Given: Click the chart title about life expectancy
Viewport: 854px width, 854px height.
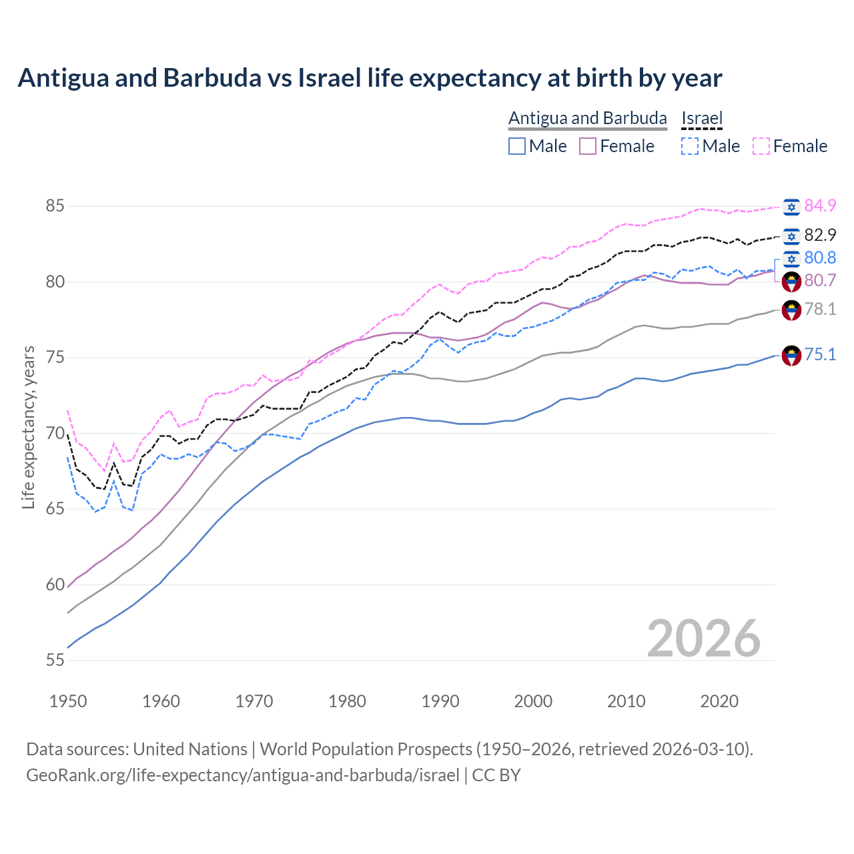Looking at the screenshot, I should (x=370, y=78).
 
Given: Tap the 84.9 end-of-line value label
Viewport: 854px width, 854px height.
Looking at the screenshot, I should (x=820, y=205).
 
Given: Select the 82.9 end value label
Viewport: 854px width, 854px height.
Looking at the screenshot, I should (x=820, y=235).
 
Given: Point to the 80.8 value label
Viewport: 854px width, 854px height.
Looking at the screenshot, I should (x=820, y=258).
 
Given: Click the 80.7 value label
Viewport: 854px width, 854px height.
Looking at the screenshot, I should (x=820, y=280).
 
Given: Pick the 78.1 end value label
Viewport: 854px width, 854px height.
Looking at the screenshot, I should (x=820, y=309).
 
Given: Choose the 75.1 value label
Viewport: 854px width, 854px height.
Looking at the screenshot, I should (x=820, y=354).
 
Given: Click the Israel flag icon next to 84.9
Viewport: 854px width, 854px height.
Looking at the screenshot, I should (x=791, y=207).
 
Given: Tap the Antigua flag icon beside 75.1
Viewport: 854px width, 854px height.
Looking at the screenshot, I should (x=791, y=356).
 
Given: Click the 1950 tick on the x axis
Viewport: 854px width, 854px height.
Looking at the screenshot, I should (x=68, y=701).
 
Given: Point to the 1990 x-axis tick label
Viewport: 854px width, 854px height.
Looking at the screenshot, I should (x=440, y=701).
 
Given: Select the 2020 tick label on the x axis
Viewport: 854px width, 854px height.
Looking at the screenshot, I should (x=719, y=701).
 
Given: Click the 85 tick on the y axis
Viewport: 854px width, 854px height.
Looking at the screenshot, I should (x=55, y=206).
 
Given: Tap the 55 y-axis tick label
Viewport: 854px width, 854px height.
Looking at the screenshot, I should (x=55, y=661).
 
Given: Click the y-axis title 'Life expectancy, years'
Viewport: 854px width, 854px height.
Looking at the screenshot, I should (x=28, y=428).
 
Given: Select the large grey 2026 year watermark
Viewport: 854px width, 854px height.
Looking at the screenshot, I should (x=703, y=638).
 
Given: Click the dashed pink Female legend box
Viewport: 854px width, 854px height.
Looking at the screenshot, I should (x=761, y=146).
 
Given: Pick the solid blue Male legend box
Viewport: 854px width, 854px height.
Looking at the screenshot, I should (x=517, y=146).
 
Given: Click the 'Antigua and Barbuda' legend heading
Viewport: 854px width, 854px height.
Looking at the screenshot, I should (x=588, y=118).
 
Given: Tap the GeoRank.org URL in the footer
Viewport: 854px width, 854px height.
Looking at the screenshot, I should (x=243, y=775).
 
